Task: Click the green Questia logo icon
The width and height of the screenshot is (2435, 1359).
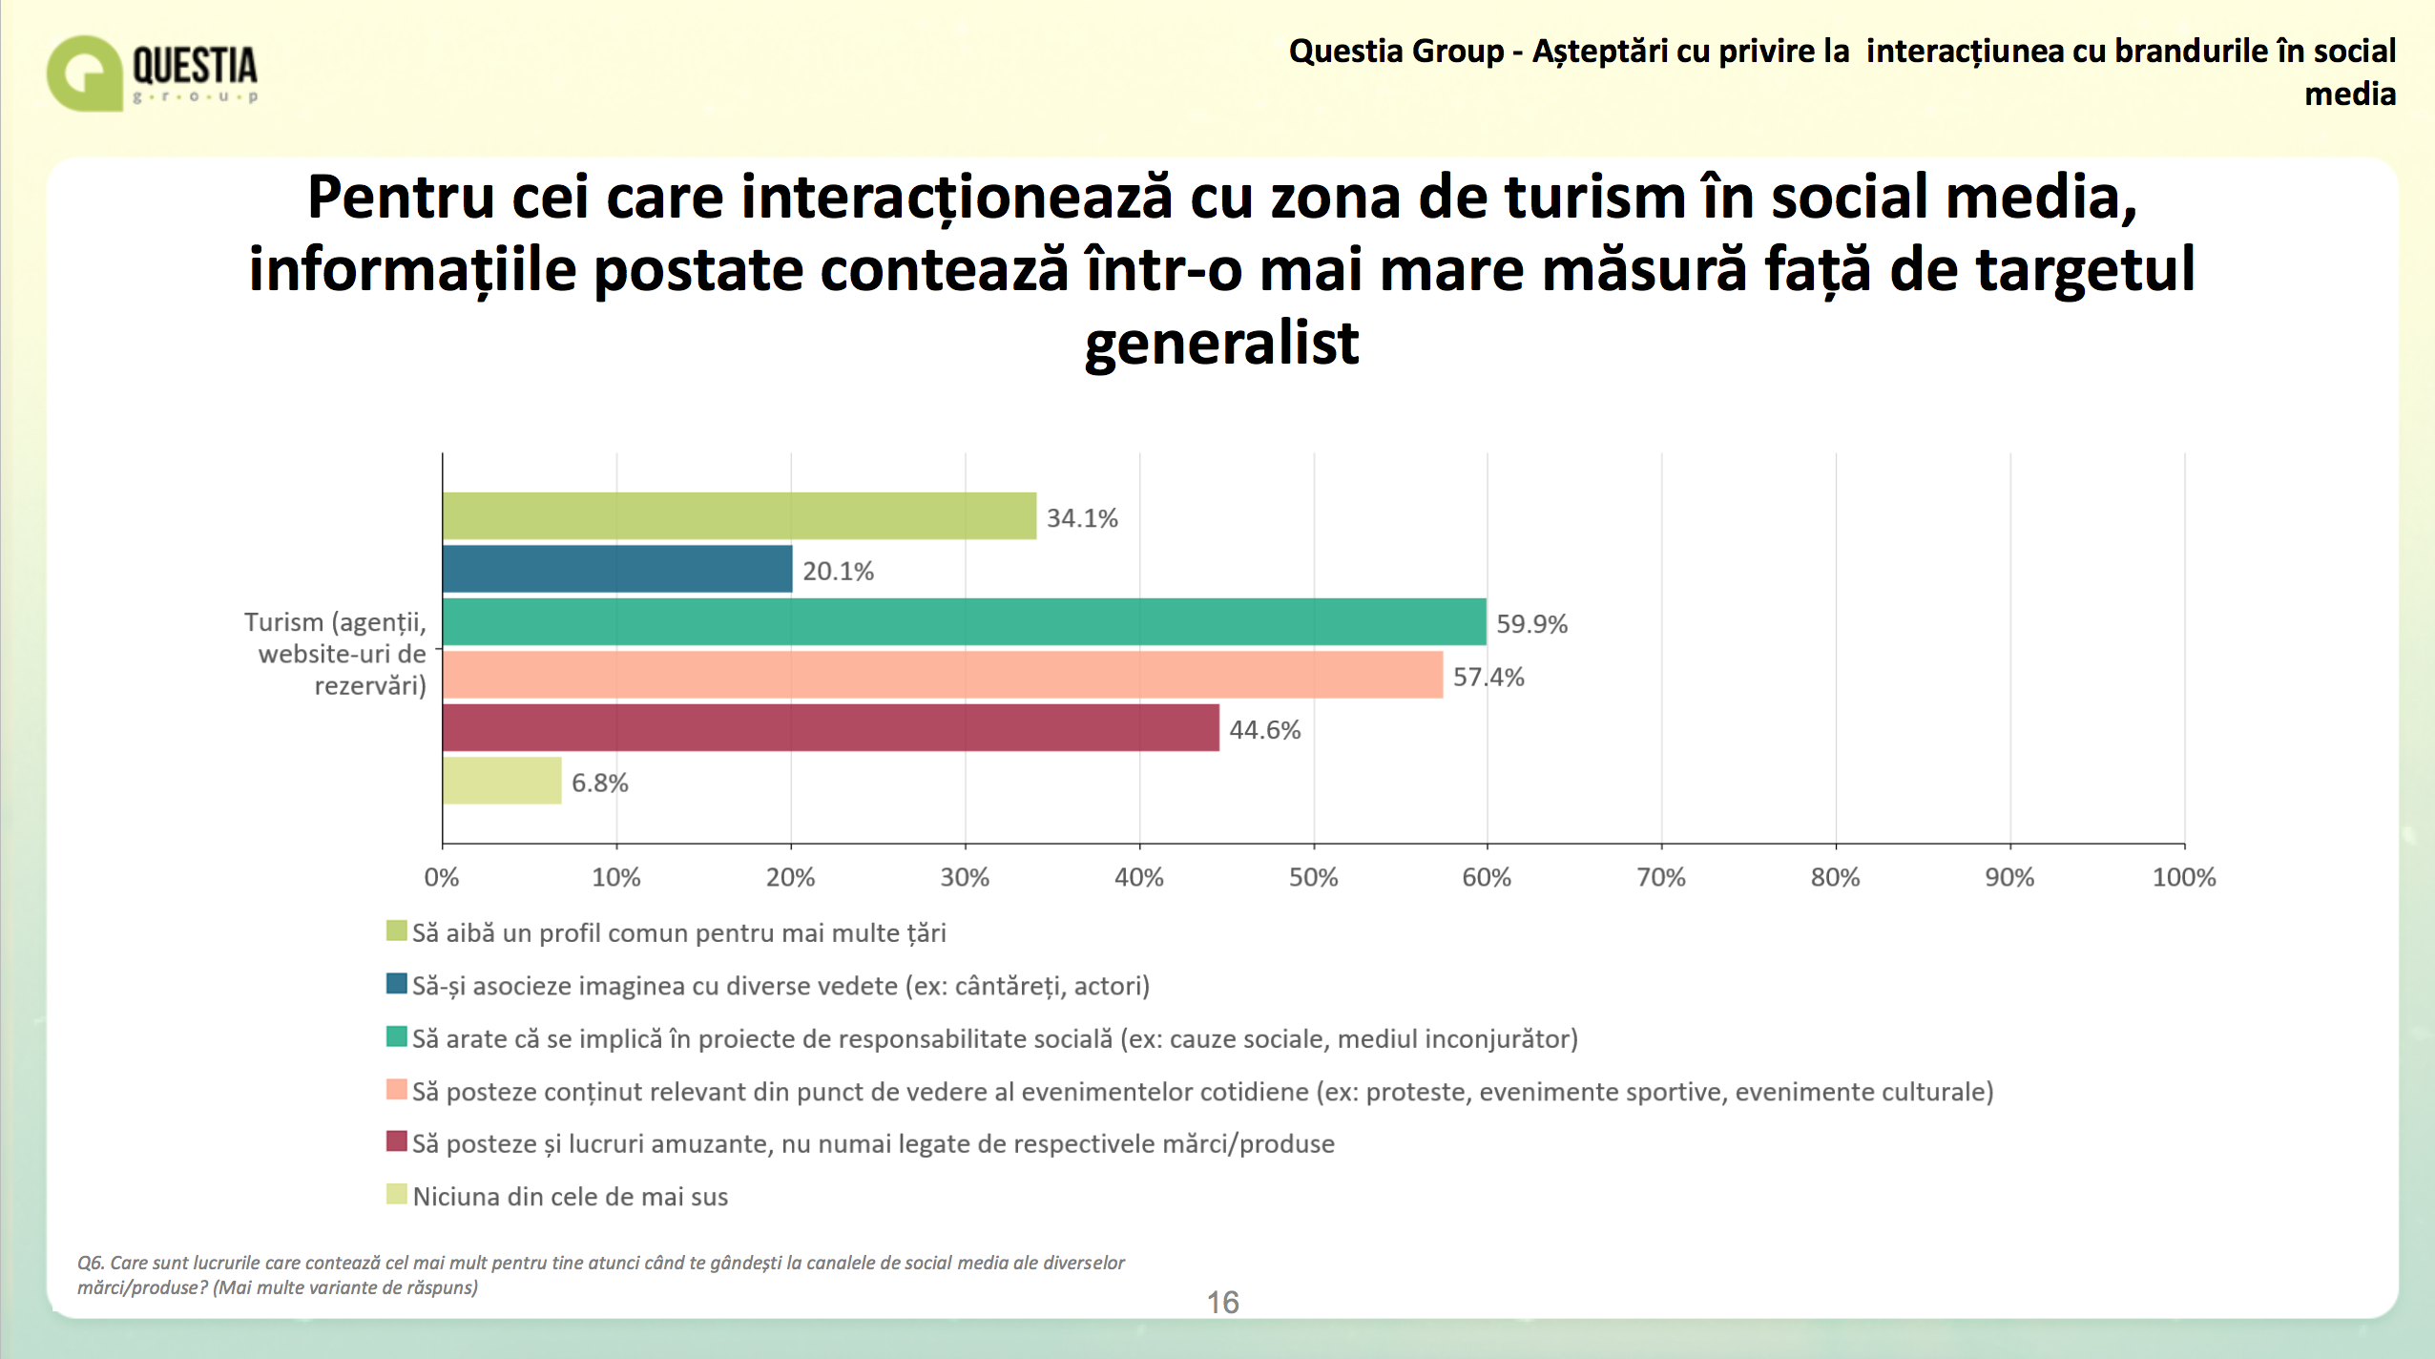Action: (x=85, y=73)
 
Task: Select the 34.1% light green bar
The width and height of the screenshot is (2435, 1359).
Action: (x=739, y=516)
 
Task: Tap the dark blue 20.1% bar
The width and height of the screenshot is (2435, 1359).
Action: (x=617, y=569)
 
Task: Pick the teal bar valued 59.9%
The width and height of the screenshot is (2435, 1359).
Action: (x=965, y=622)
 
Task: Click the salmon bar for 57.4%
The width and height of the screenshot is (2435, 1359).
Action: (x=943, y=675)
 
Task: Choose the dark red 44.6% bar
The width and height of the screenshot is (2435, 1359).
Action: (x=831, y=728)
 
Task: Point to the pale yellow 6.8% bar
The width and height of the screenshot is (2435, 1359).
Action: (x=502, y=781)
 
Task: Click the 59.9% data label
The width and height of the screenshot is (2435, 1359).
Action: (x=1531, y=624)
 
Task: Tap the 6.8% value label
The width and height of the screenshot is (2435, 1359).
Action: (x=599, y=784)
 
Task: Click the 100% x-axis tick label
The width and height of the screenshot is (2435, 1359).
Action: (x=2184, y=878)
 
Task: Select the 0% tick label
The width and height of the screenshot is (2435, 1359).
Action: (x=442, y=878)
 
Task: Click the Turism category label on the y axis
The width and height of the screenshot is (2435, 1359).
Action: (x=335, y=654)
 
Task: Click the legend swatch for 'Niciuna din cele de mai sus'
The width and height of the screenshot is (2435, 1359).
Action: (x=397, y=1194)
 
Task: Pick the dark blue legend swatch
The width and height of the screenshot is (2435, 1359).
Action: (x=397, y=983)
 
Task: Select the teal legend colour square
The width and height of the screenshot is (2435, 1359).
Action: (x=397, y=1036)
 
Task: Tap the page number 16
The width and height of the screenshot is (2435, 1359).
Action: (x=1222, y=1303)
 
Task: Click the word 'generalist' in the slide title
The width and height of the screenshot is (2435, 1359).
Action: (x=1221, y=345)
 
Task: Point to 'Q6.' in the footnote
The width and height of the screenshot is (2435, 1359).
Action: (x=91, y=1263)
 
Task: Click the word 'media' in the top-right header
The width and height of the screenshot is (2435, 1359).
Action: (x=2350, y=94)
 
